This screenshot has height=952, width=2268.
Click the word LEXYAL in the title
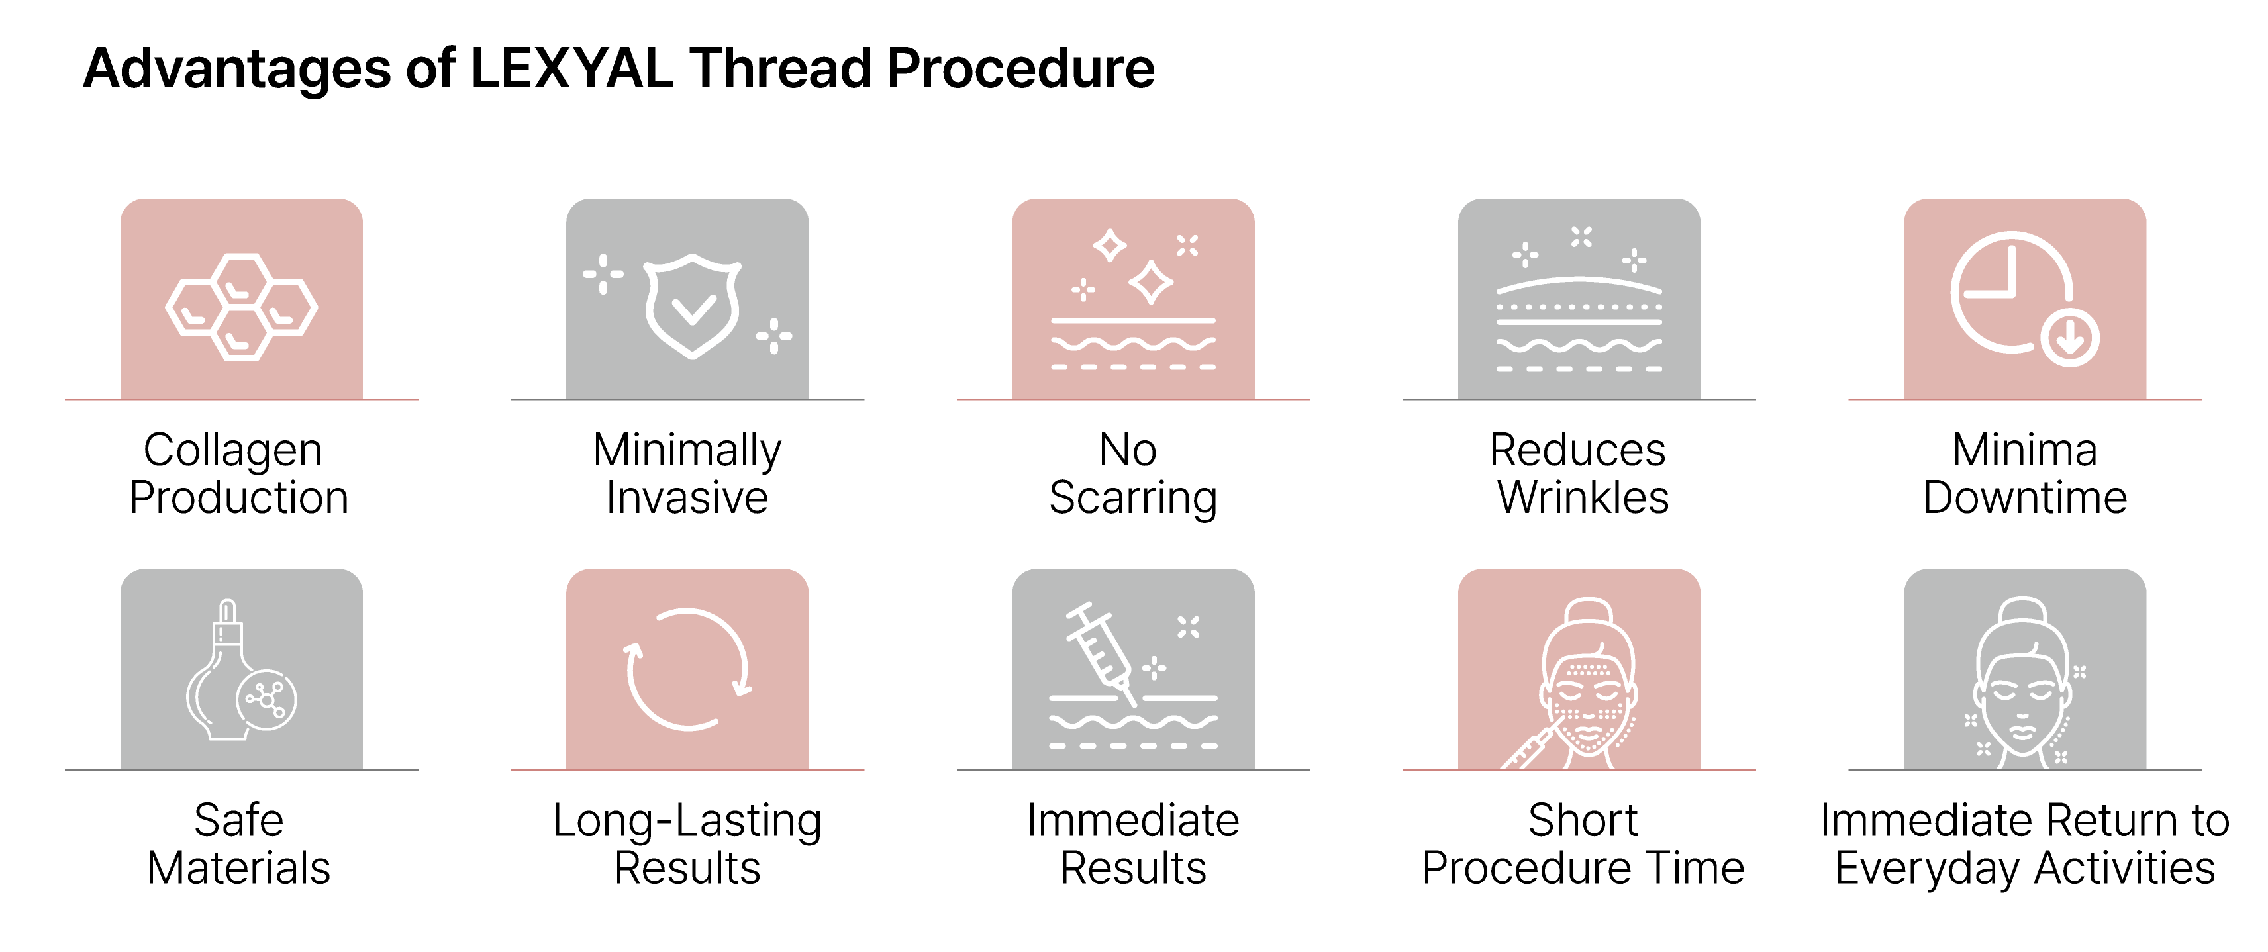572,69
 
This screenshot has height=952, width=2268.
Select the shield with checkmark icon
692,306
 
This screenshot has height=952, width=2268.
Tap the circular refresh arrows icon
687,669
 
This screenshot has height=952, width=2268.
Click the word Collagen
233,450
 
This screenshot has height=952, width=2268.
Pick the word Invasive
687,498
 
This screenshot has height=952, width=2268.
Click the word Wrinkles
1583,498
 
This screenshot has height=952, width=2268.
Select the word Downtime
2025,498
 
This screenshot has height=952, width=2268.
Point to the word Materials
238,869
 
